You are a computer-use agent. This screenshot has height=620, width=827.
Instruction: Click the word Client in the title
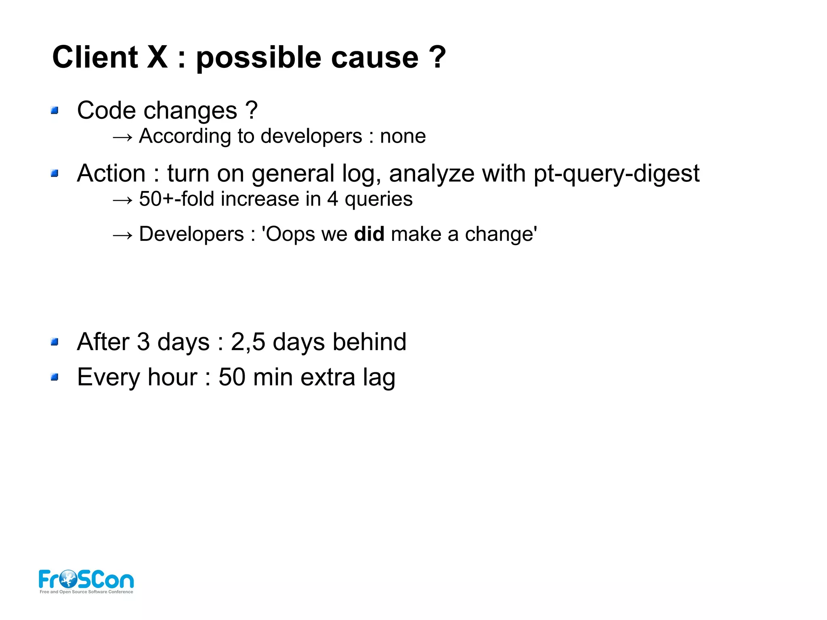tap(95, 57)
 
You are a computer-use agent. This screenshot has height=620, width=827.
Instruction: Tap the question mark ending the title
tap(437, 57)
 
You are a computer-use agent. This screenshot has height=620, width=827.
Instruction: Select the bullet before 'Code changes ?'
tap(55, 110)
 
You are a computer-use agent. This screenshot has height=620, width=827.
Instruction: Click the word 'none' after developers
tap(403, 136)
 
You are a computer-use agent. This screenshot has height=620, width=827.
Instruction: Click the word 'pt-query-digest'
tap(616, 174)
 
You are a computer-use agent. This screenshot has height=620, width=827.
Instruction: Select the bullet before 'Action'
tap(55, 174)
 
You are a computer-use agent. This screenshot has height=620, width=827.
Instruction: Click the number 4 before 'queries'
tap(332, 199)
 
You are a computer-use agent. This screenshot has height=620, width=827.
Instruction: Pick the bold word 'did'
tap(369, 234)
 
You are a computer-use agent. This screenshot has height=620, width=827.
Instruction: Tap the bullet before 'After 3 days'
tap(55, 342)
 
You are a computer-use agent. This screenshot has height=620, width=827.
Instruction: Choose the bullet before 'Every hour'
tap(55, 377)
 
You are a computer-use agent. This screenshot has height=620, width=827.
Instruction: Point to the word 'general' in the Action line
tap(293, 174)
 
